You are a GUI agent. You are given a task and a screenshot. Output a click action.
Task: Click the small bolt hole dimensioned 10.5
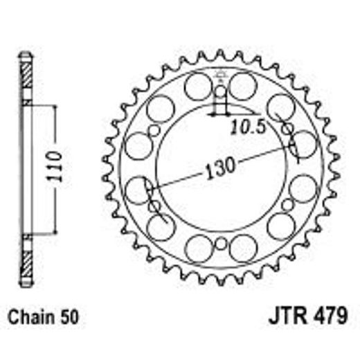point(220,92)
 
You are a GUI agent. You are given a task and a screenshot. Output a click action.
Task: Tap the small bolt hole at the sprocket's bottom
point(220,244)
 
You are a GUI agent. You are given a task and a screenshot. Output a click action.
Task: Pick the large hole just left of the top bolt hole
point(199,87)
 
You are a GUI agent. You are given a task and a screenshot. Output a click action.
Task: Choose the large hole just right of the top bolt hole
point(242,87)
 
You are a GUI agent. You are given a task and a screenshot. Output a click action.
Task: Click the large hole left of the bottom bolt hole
point(199,249)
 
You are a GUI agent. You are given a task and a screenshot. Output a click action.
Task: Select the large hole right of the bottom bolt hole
point(242,249)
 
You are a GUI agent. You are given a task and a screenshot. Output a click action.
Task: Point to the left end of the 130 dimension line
point(148,188)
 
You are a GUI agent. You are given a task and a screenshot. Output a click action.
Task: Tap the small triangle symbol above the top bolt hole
point(220,74)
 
